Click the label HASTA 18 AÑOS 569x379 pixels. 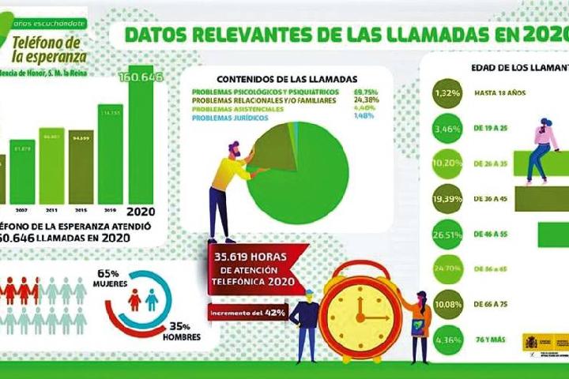(x=499, y=93)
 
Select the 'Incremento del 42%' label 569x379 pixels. (x=247, y=313)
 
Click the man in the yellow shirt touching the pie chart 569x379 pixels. (x=230, y=186)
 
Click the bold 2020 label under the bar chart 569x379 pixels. (x=142, y=212)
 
